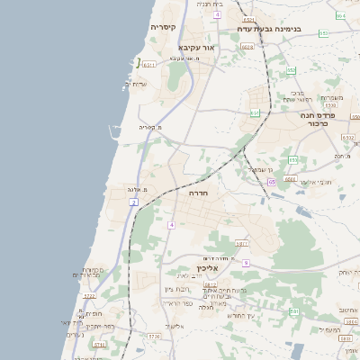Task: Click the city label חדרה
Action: (199, 193)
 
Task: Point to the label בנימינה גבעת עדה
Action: (281, 29)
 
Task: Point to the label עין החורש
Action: (240, 316)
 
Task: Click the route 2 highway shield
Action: (133, 203)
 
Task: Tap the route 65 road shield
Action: (271, 182)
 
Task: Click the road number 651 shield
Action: (255, 113)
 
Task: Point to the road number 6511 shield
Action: (148, 65)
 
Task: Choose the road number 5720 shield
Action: (154, 336)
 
